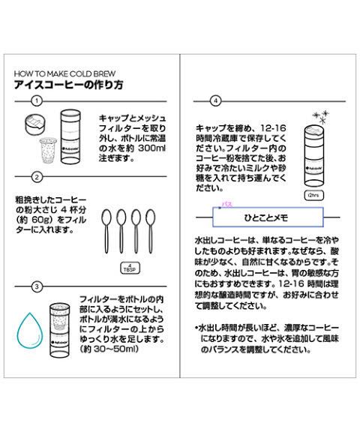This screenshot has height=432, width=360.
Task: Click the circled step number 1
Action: click(37, 101)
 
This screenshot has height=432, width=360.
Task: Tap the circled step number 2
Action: click(37, 177)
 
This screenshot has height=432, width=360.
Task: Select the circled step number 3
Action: click(37, 286)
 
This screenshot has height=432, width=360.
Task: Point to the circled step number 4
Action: click(216, 101)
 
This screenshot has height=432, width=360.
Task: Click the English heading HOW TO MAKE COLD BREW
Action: click(64, 73)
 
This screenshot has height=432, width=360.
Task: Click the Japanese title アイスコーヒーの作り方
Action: click(68, 85)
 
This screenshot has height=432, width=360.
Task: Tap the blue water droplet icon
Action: click(30, 330)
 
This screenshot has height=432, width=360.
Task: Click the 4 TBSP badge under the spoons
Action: click(130, 268)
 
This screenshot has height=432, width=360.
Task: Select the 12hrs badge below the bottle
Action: click(313, 195)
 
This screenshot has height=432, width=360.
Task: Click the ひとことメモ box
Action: click(268, 217)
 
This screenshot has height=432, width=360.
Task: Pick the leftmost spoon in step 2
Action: click(106, 231)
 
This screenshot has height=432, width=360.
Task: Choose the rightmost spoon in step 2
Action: click(151, 231)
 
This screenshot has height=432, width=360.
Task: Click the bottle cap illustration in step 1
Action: click(34, 124)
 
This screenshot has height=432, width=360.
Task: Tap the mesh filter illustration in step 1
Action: click(48, 150)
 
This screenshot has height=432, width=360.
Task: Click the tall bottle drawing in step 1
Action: click(70, 137)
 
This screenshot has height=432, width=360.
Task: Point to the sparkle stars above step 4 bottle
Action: click(321, 117)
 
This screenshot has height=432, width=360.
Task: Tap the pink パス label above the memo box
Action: click(227, 204)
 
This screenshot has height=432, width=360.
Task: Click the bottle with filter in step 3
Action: click(59, 330)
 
